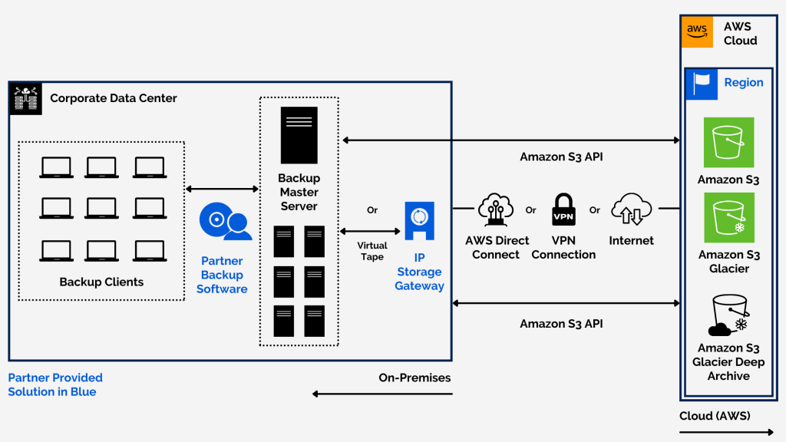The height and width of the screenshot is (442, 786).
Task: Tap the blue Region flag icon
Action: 701,83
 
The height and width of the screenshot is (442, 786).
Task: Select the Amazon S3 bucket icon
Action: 728,142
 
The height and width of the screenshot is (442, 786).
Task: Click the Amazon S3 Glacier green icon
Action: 728,217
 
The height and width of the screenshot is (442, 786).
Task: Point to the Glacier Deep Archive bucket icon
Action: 728,315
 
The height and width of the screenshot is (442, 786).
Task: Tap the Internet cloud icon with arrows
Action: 631,209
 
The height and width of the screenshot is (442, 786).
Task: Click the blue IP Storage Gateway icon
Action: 419,221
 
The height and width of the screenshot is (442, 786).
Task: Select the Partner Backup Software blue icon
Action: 225,222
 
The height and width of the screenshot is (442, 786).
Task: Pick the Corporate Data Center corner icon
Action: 25,99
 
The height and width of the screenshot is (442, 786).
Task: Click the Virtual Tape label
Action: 372,251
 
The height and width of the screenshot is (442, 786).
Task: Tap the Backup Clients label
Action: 101,282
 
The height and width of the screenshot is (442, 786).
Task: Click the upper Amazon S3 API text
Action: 561,157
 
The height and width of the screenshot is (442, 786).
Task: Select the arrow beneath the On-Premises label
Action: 382,394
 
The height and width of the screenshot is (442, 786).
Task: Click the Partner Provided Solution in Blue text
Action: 55,384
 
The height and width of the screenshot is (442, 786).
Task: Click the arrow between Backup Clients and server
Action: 222,189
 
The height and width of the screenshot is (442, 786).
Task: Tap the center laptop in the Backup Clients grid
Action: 101,208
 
